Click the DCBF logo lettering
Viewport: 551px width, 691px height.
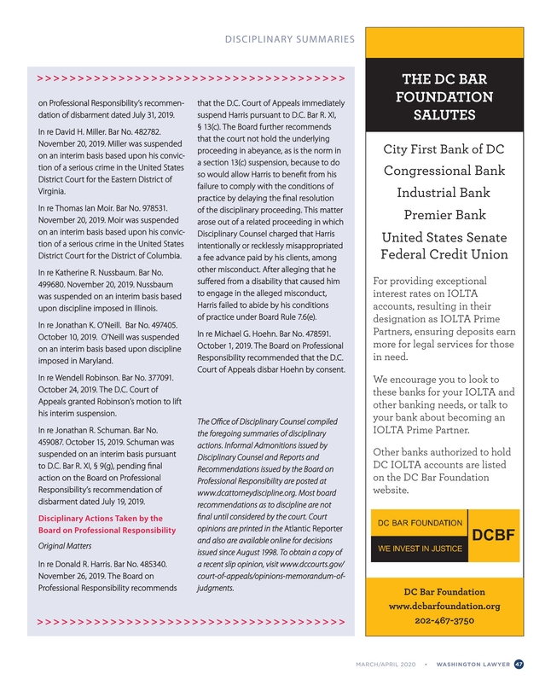(494, 536)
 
